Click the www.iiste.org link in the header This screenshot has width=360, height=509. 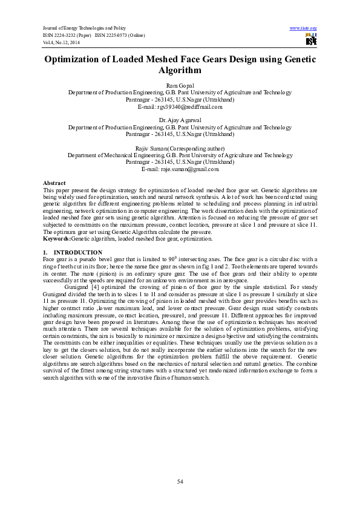click(x=304, y=28)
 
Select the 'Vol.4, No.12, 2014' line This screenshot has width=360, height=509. click(x=61, y=42)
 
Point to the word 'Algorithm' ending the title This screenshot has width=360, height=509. click(x=180, y=71)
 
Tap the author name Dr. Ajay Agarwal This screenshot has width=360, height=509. click(x=180, y=121)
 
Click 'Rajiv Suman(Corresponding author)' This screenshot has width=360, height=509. click(x=180, y=148)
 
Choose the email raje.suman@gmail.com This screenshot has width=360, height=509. click(x=180, y=169)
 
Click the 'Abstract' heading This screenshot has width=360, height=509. click(x=54, y=183)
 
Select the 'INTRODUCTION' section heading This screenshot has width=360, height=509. click(x=78, y=251)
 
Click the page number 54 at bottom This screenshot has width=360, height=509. click(x=180, y=481)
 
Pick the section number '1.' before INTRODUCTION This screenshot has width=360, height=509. click(x=46, y=251)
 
